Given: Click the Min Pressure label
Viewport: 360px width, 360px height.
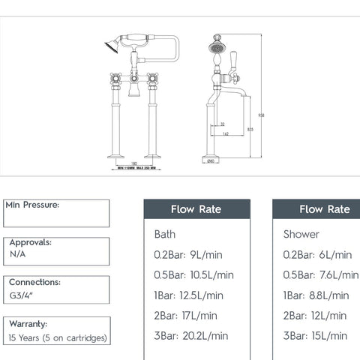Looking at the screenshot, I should point(32,205).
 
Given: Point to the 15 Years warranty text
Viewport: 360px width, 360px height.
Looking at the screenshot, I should point(56,337).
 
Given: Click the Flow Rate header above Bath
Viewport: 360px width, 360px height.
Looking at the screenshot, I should point(196,209).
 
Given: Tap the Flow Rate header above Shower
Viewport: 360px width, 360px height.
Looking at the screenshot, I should point(325,209).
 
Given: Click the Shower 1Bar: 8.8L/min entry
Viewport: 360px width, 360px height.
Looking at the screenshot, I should point(316,295).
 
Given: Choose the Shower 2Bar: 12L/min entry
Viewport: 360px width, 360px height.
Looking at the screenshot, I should point(315,316).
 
